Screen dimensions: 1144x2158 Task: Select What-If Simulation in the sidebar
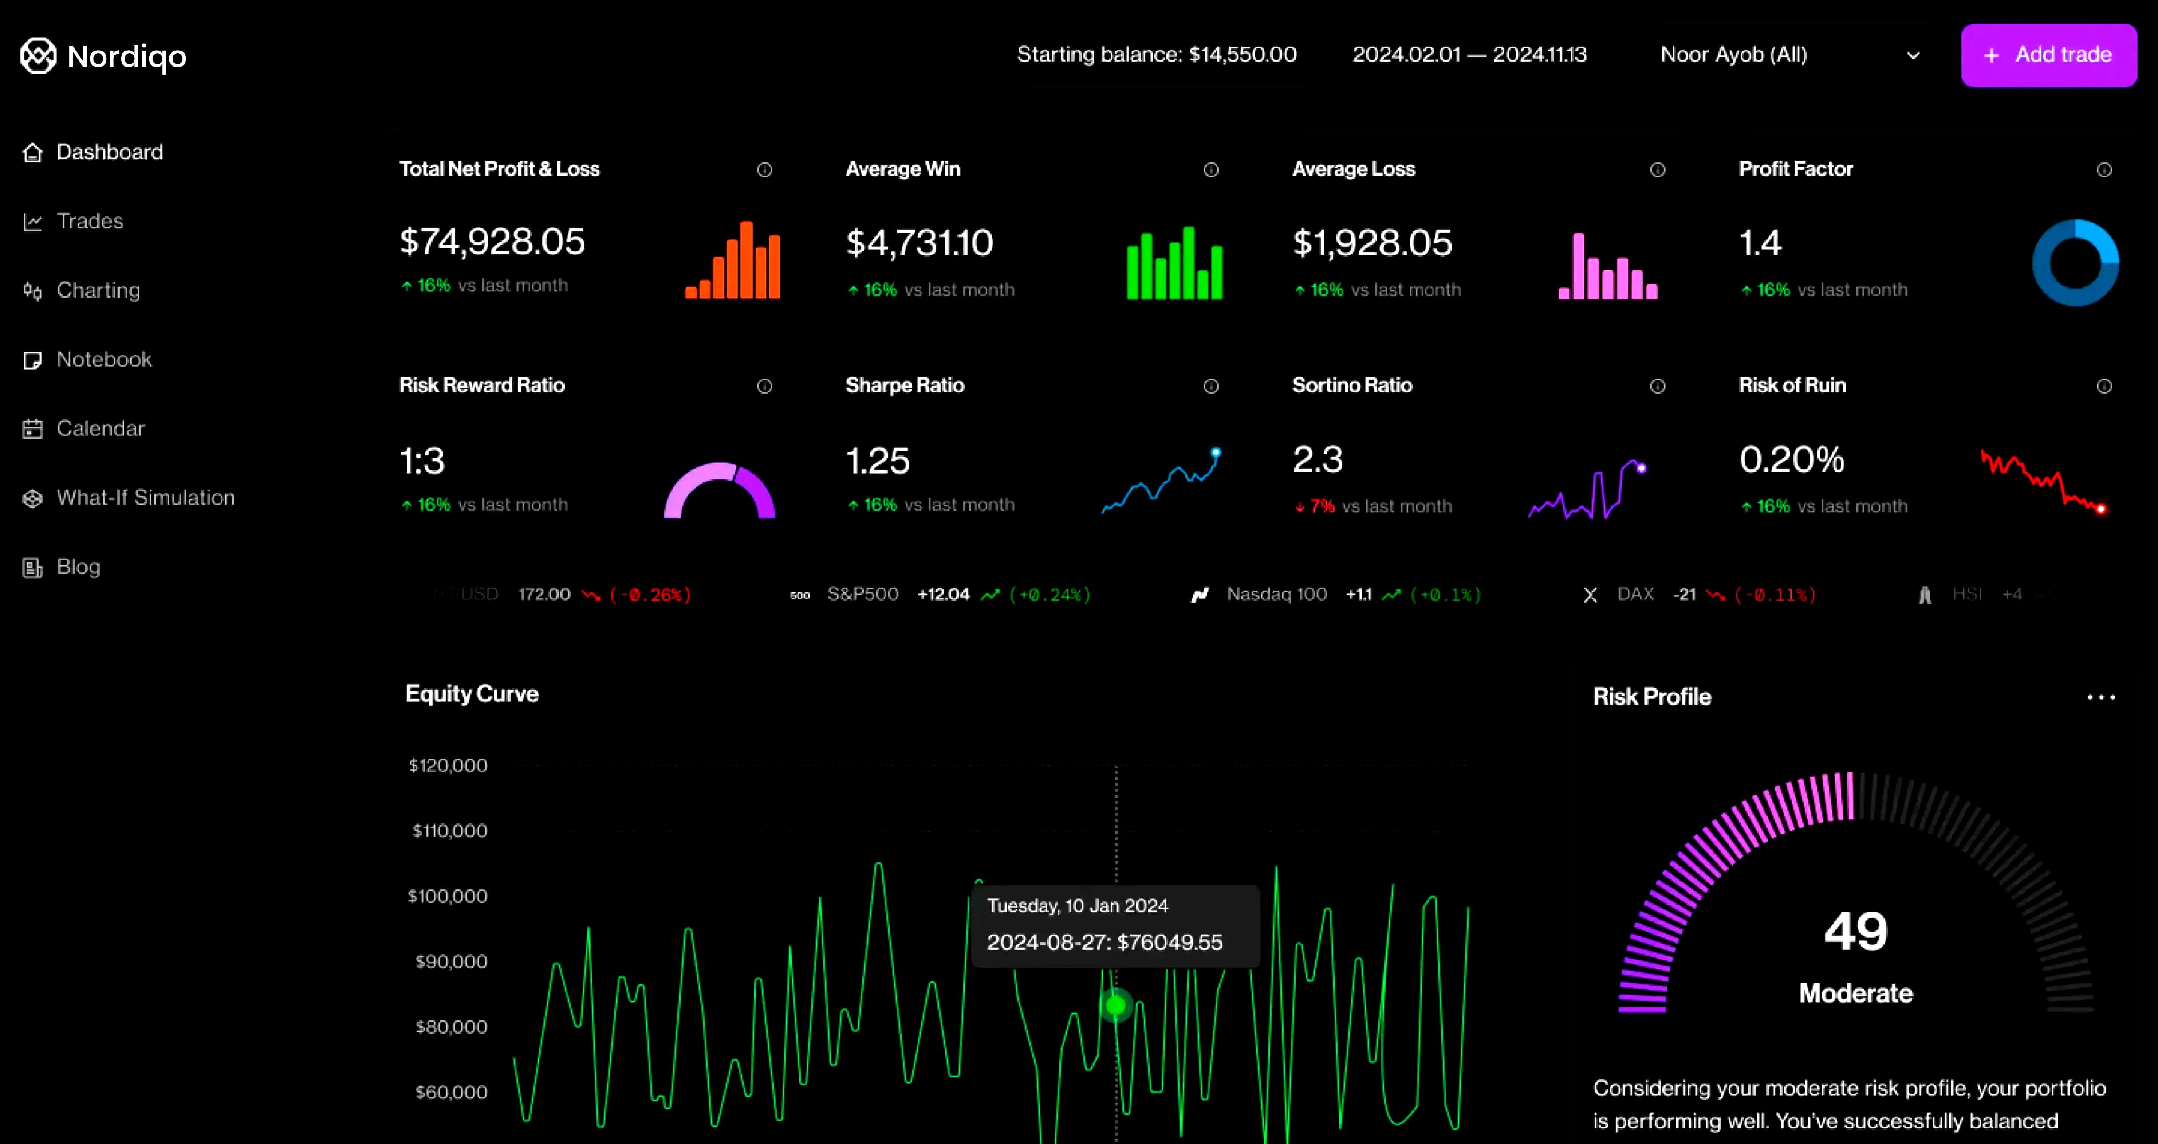point(145,498)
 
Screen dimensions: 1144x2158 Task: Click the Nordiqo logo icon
point(38,56)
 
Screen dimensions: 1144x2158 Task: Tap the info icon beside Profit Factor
point(2103,170)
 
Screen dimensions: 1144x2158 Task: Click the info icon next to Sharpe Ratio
point(1210,386)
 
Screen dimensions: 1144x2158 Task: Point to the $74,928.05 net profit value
point(492,242)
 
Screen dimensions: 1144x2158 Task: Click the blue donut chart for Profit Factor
point(2075,263)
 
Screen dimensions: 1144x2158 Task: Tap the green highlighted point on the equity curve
point(1116,1005)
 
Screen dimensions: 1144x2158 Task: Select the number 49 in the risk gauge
point(1855,931)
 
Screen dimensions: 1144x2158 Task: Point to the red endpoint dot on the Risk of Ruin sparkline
point(2101,508)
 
